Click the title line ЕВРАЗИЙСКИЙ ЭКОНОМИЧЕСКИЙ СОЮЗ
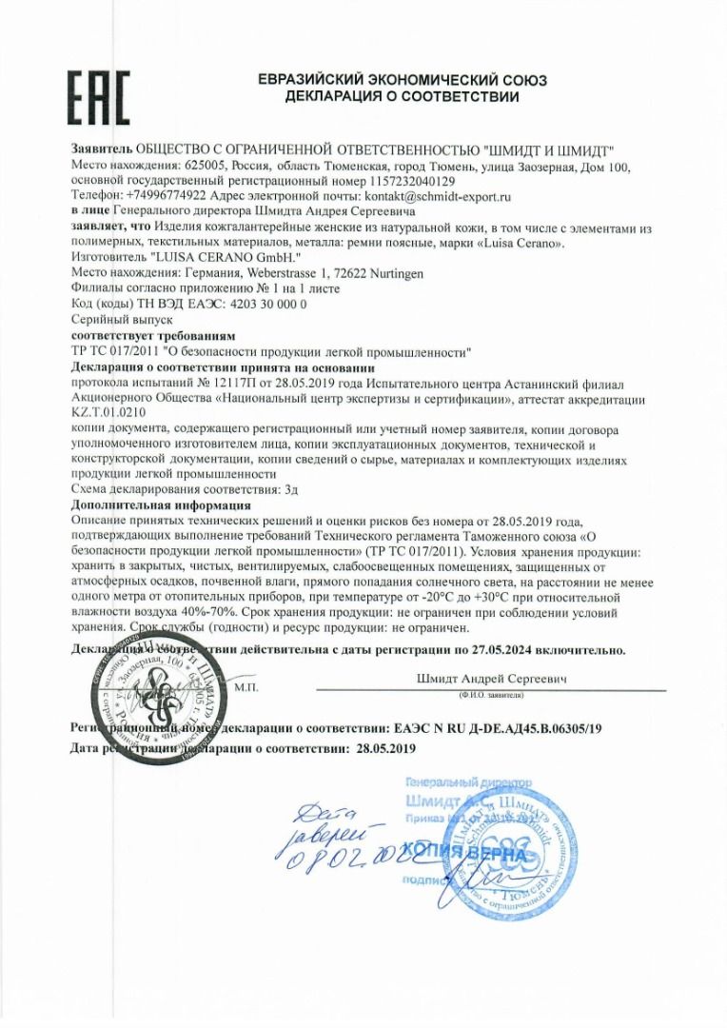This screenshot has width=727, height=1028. [403, 81]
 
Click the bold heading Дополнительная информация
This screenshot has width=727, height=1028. [160, 504]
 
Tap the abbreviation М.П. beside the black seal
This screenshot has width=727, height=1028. [246, 685]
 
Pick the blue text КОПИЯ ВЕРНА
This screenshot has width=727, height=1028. [465, 852]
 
